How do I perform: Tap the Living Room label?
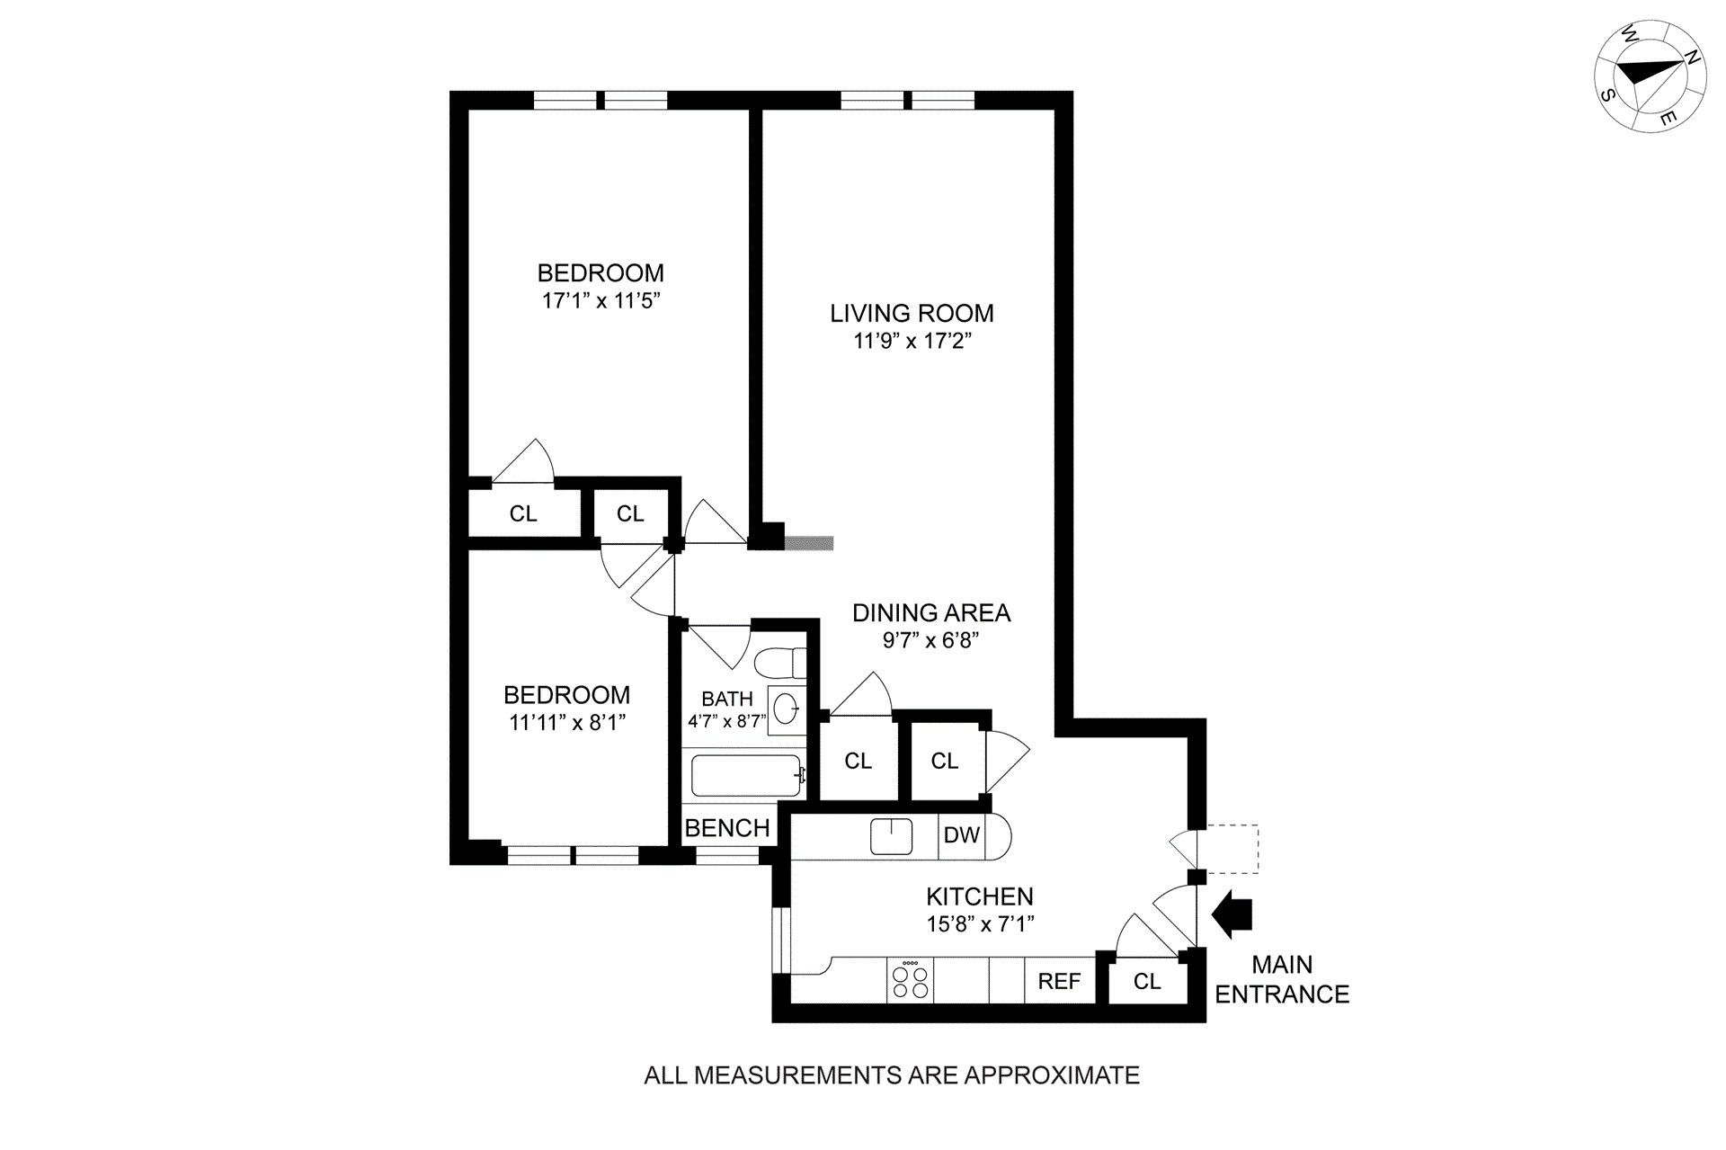click(912, 313)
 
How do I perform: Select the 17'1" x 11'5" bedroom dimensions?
click(601, 300)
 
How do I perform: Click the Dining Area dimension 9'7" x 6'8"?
click(930, 640)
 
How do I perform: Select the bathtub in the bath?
click(745, 775)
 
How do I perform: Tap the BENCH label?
click(727, 828)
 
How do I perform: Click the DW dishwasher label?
click(961, 835)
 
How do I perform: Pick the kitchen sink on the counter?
click(891, 836)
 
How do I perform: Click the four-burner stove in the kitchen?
click(910, 980)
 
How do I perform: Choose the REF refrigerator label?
click(1059, 981)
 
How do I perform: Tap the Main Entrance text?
click(1282, 980)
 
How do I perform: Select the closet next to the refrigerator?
click(1147, 981)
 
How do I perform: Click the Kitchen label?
click(980, 896)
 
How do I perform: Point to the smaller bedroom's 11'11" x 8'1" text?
click(566, 722)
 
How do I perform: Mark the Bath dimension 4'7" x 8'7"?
click(726, 721)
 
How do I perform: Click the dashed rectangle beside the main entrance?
click(1232, 850)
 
